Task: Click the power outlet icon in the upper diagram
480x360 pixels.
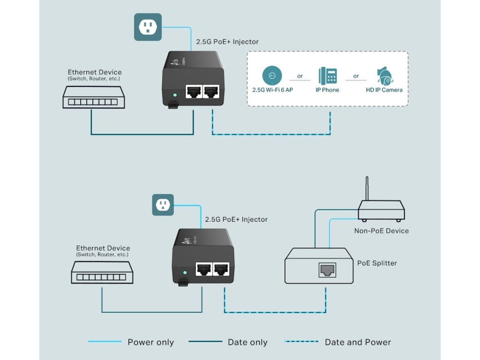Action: tap(148, 27)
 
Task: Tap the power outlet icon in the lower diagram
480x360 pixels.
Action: tap(163, 204)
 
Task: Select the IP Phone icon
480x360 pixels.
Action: tap(328, 75)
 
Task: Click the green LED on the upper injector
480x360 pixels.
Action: tap(175, 95)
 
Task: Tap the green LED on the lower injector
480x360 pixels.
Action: tap(186, 272)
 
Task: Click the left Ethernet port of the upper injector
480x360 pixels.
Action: tap(193, 92)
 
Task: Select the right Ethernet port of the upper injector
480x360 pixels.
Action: tap(211, 92)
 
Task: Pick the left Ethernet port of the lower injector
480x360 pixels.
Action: tap(204, 270)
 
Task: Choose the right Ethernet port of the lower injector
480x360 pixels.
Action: tap(221, 270)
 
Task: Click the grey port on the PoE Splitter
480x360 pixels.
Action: tap(327, 270)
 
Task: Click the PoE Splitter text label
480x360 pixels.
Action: tap(377, 263)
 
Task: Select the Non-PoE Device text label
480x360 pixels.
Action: tap(382, 231)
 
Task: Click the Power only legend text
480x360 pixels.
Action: tap(150, 342)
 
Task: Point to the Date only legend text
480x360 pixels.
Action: tap(247, 342)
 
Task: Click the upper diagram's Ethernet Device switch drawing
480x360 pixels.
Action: tap(94, 98)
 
